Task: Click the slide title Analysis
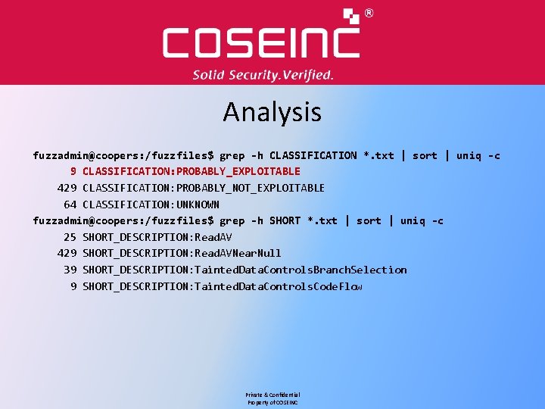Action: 272,113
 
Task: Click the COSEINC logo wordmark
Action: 261,42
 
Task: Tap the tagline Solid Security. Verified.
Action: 263,75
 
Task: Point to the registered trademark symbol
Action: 369,13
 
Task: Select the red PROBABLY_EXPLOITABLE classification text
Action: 192,171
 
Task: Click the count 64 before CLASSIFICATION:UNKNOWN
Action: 70,204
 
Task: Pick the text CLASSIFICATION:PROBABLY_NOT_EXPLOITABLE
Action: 204,188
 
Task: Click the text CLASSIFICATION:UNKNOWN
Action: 151,204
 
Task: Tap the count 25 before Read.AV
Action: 70,237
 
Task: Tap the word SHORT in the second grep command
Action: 285,221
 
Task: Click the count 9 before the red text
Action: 73,171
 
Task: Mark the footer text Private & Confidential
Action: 272,395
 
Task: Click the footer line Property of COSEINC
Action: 272,403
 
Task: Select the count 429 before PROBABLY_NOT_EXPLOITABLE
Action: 67,188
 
